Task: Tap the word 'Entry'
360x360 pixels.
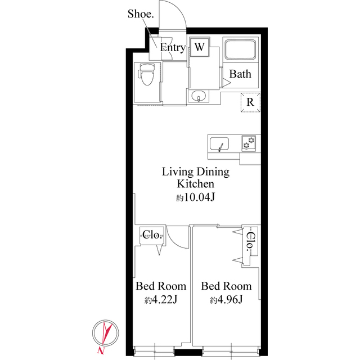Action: (173, 48)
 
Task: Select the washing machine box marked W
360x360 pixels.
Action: (200, 47)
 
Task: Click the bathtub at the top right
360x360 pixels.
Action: (240, 51)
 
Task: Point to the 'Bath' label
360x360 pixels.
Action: (240, 74)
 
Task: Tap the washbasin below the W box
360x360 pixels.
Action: (199, 98)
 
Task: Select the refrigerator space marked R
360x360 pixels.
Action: (250, 102)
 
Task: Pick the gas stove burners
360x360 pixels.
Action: (249, 143)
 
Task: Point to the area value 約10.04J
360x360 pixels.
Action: (196, 197)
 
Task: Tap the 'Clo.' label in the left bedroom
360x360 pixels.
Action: (152, 235)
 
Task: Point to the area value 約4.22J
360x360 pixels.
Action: (161, 299)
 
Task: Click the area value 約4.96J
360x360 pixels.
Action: (226, 299)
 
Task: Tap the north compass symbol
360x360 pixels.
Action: (106, 332)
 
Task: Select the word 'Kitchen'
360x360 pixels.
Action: (196, 184)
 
